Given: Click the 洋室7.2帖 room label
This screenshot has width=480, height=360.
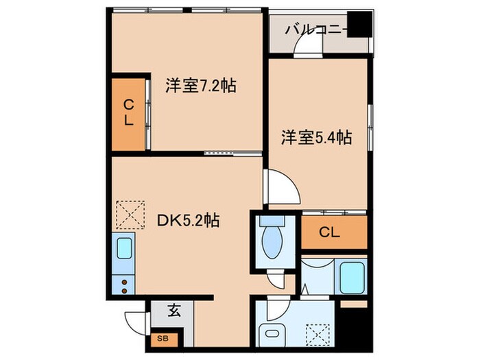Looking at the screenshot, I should (x=200, y=86).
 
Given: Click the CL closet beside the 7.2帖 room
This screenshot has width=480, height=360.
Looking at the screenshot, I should (x=128, y=114).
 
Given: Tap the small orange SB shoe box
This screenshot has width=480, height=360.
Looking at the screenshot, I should (x=163, y=337).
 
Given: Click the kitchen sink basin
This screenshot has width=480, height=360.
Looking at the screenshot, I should (x=124, y=249).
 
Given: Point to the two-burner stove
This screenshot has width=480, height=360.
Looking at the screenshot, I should (x=124, y=285).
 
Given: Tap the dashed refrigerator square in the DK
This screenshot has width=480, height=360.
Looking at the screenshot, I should (x=130, y=214).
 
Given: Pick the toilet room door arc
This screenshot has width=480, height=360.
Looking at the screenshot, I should (x=277, y=280).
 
